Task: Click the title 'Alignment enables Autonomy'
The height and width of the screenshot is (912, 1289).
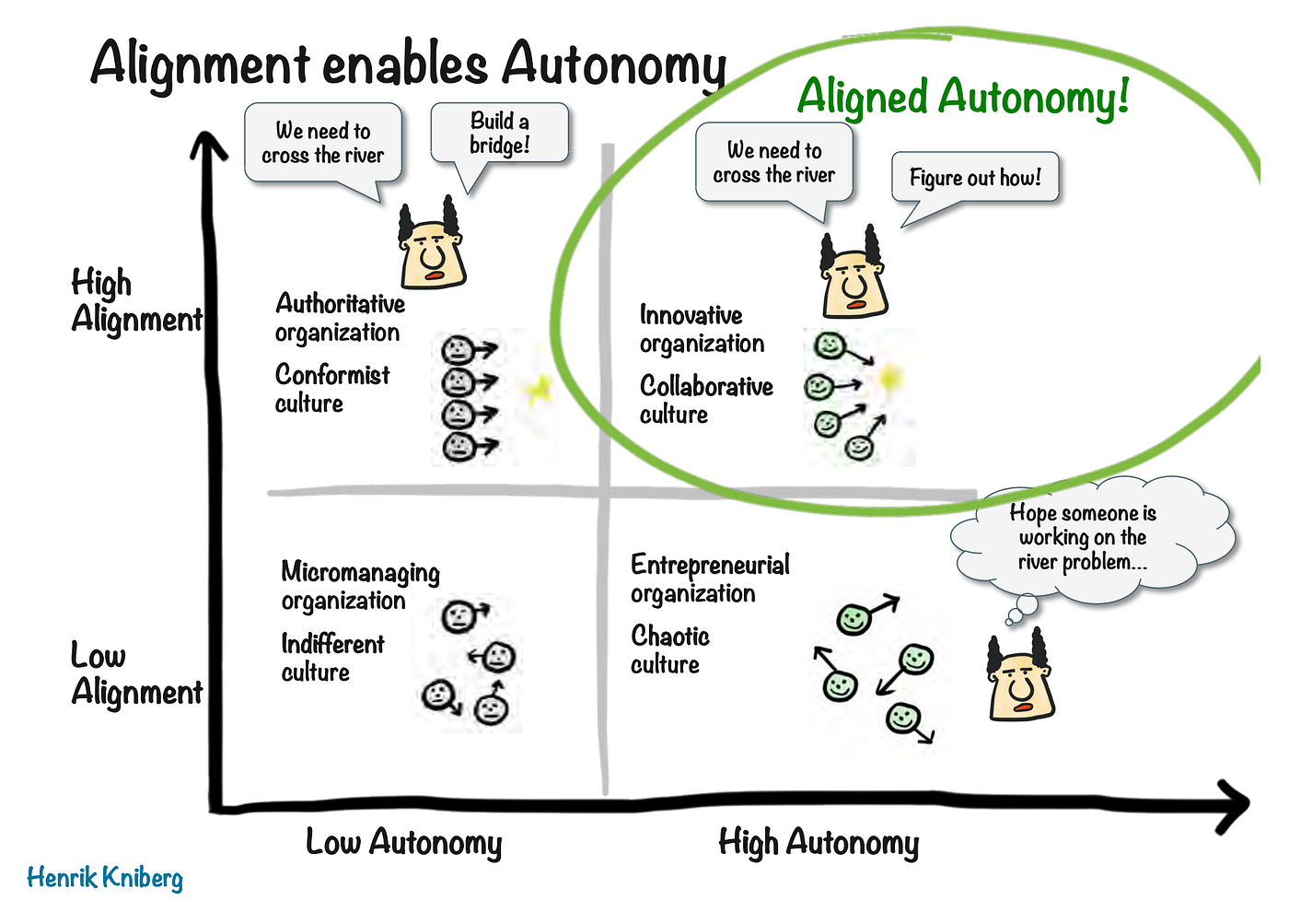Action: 408,64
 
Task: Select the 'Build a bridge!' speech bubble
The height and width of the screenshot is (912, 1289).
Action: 500,134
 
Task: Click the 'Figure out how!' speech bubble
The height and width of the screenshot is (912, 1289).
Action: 975,177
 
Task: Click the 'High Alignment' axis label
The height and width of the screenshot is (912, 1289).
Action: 135,300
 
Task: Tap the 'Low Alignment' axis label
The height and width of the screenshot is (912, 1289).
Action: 135,673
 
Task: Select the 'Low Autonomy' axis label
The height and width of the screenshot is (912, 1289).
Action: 403,842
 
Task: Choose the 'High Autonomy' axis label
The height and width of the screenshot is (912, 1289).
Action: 819,842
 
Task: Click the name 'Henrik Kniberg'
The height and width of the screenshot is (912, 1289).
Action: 105,877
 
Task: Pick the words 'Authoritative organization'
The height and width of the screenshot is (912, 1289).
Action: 339,318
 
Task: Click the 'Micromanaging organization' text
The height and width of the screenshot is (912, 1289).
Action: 359,586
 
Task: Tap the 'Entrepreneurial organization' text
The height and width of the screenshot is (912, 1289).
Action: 709,579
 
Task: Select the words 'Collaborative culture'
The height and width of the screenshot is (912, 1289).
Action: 705,400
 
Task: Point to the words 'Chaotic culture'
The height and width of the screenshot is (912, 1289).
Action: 669,649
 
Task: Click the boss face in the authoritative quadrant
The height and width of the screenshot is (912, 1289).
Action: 432,246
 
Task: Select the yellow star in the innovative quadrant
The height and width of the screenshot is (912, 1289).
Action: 889,377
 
